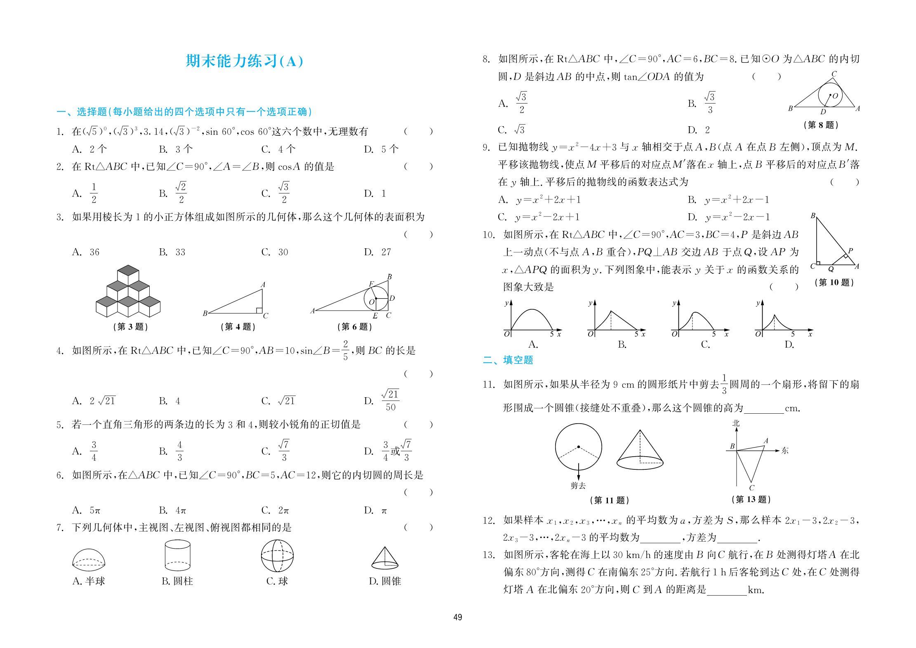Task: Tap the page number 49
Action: [x=457, y=617]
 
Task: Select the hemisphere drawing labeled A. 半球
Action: [x=88, y=559]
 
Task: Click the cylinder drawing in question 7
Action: [x=177, y=555]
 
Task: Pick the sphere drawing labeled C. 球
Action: [x=277, y=556]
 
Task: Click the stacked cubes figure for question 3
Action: [x=128, y=292]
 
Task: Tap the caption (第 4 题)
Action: [x=238, y=327]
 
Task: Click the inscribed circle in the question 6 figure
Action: [x=376, y=298]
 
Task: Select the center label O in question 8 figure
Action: [x=835, y=96]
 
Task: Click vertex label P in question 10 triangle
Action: [x=850, y=250]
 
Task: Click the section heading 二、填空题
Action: [x=508, y=360]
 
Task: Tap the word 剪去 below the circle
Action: [x=578, y=485]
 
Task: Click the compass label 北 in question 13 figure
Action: [x=736, y=423]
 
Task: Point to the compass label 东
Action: [x=785, y=450]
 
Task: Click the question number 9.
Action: [x=486, y=147]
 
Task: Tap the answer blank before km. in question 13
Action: [x=727, y=591]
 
